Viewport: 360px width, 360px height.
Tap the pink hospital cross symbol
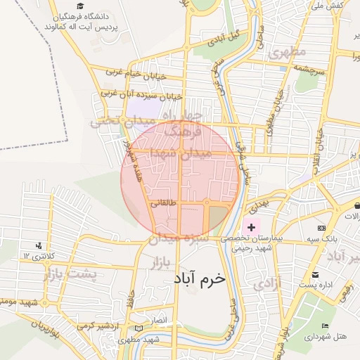(251, 227)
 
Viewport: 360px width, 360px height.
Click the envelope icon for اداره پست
(314, 274)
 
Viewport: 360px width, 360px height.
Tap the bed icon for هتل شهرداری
(324, 326)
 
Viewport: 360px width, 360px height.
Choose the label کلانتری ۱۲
(39, 255)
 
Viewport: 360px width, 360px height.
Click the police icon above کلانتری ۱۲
(39, 245)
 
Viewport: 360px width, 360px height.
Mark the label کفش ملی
(326, 6)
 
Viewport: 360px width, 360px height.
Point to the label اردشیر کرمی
(95, 327)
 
